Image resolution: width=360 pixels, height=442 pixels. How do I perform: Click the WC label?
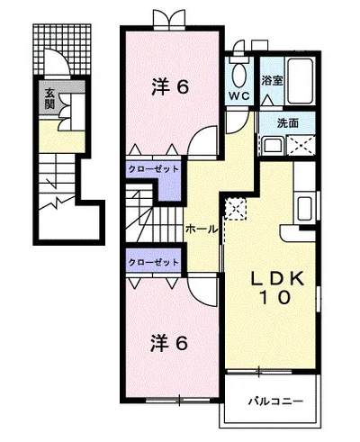pos(239,96)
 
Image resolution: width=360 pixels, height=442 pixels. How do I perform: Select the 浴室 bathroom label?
pos(272,80)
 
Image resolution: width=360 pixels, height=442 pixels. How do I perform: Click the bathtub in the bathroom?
pos(300,81)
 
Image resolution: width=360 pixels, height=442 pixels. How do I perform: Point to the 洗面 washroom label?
pos(288,123)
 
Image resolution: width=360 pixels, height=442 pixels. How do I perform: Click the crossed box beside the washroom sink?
pos(301,146)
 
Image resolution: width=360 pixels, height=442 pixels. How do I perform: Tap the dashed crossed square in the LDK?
pos(236,209)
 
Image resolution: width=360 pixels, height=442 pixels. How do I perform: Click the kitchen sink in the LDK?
pos(305,209)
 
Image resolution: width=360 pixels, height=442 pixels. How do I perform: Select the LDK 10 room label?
pos(276,288)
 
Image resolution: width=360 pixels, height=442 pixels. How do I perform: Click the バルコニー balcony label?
pos(275,401)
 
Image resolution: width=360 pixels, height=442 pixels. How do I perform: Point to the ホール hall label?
pos(202,230)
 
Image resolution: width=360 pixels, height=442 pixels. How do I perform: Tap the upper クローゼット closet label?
pos(153,169)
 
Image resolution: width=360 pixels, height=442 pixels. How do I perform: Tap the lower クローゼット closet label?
pos(153,263)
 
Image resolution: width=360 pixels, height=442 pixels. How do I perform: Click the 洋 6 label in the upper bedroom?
pos(170,86)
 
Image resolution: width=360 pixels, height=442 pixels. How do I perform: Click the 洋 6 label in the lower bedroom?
pos(169,343)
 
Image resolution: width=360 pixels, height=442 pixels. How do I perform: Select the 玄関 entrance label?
pos(49,98)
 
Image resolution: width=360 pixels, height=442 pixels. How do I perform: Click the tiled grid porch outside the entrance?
pos(62,49)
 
